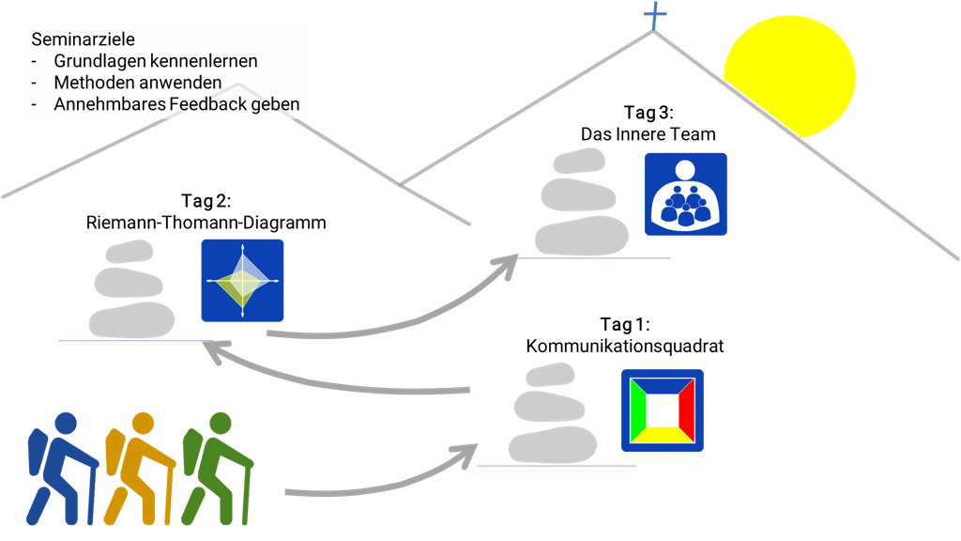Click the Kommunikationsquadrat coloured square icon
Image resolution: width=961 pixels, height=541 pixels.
click(663, 410)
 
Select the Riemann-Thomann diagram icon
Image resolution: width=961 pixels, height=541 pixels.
click(242, 281)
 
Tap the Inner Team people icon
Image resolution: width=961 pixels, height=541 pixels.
click(685, 193)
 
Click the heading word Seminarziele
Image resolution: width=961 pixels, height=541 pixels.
click(70, 40)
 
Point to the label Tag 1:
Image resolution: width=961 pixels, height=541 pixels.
click(625, 325)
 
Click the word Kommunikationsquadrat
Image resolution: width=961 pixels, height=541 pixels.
click(625, 347)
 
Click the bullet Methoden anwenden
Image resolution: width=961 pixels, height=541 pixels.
click(137, 83)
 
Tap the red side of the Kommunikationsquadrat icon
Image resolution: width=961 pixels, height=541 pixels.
click(686, 410)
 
